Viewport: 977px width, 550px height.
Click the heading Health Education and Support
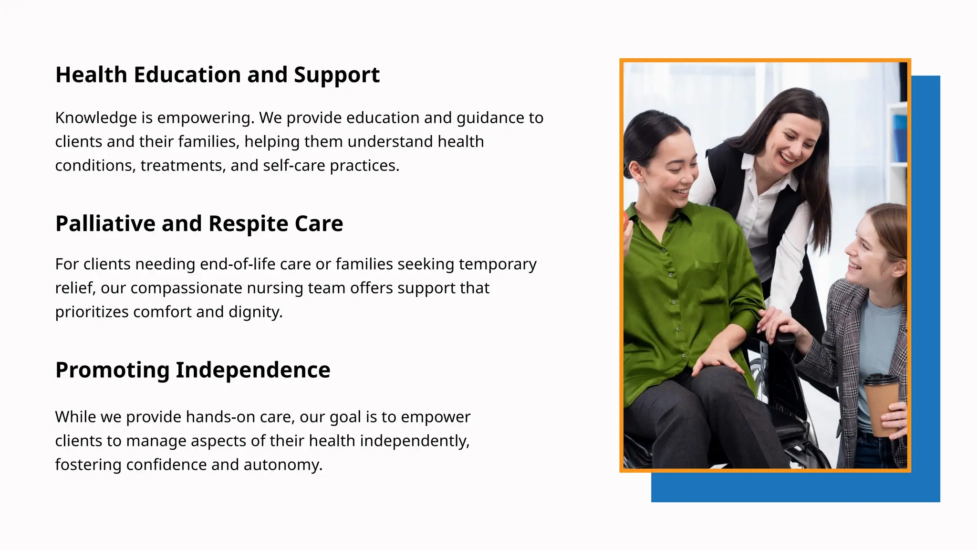point(217,75)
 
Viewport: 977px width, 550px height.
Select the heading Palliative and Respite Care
point(199,224)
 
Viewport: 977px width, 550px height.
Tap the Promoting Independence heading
point(193,370)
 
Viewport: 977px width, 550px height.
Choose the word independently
point(415,441)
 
